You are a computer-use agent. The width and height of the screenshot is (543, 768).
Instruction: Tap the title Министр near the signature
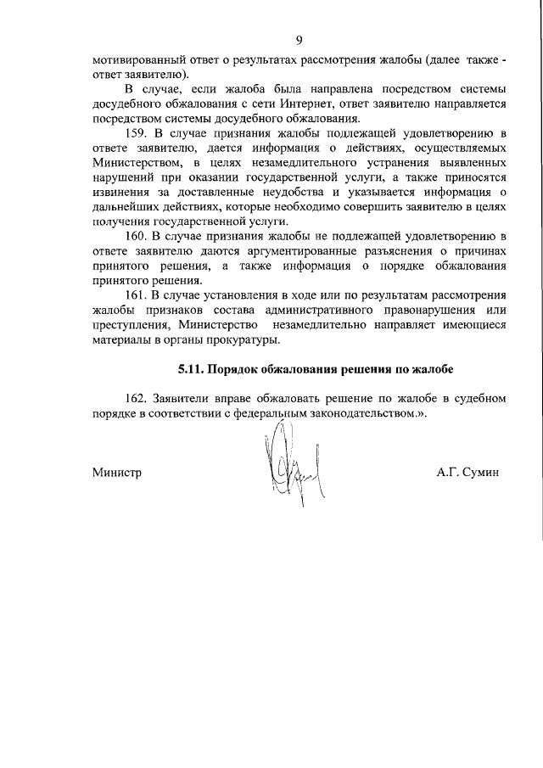[116, 472]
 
